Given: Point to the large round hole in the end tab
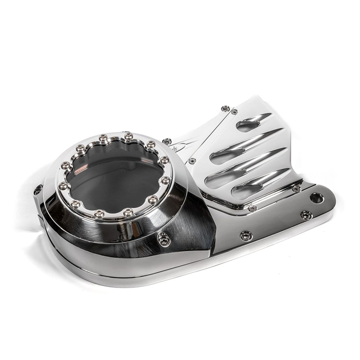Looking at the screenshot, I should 317,197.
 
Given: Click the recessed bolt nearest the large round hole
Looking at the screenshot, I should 306,215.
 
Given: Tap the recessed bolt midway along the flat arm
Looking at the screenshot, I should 246,236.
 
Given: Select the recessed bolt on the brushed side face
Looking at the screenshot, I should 164,239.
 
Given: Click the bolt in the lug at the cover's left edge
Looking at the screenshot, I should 38,190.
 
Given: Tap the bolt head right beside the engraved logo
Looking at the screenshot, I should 167,141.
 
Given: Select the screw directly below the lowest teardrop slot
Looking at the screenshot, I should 252,208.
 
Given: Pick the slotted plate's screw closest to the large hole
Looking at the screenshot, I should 296,189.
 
